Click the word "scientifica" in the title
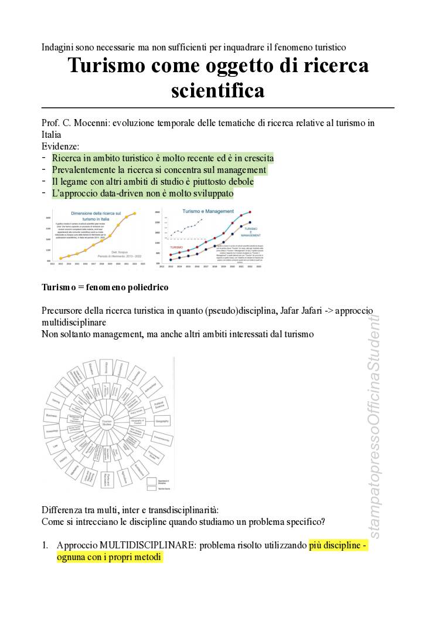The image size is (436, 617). (217, 90)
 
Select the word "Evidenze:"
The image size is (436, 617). (60, 146)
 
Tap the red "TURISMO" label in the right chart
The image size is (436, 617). (176, 248)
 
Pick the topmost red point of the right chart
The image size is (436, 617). (250, 212)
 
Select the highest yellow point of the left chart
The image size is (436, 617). (135, 213)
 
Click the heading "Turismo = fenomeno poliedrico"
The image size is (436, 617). (105, 287)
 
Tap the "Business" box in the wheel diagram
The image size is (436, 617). (50, 415)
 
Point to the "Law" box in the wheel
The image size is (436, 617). (55, 447)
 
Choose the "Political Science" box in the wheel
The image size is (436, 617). (158, 405)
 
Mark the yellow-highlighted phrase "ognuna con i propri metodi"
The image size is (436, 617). (109, 557)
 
